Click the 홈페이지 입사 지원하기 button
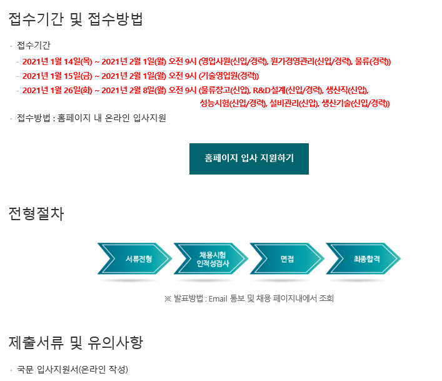click(x=249, y=158)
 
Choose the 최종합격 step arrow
click(x=363, y=258)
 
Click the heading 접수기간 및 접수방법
click(x=76, y=19)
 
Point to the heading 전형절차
click(x=36, y=213)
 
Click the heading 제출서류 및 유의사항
click(x=76, y=342)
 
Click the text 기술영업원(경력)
click(x=228, y=76)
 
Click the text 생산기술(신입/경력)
click(x=356, y=103)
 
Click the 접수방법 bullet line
click(x=91, y=118)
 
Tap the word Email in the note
click(x=218, y=298)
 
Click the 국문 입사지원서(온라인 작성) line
click(x=73, y=369)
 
